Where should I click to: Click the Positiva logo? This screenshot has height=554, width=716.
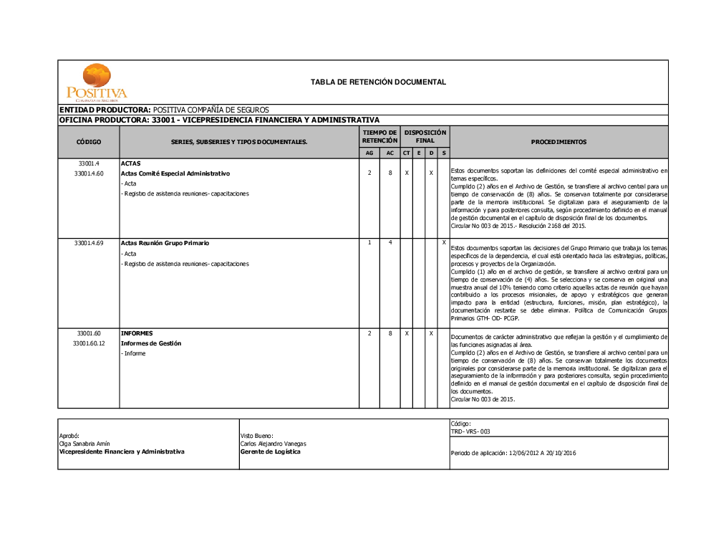click(x=97, y=83)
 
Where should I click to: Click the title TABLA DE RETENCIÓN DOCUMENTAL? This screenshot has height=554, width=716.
click(x=378, y=82)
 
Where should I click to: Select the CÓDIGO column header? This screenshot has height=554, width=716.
click(x=89, y=142)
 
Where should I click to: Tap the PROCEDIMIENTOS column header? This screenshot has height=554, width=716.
click(x=558, y=142)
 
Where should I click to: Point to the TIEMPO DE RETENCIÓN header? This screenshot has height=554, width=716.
click(x=379, y=137)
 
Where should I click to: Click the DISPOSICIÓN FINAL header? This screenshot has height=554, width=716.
click(x=425, y=137)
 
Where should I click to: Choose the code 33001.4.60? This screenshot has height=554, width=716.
click(x=89, y=173)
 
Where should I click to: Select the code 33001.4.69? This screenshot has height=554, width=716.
click(x=89, y=243)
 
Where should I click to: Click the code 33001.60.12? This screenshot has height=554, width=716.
click(x=89, y=343)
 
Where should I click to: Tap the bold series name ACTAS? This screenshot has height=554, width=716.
click(x=131, y=163)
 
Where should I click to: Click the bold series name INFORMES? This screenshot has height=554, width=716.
click(x=136, y=333)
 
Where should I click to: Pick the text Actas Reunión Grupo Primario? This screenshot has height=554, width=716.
click(x=165, y=243)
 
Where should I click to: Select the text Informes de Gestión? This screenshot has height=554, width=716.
click(x=151, y=343)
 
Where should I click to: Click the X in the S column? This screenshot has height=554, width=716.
click(x=444, y=242)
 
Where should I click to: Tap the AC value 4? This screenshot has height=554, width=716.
click(x=390, y=242)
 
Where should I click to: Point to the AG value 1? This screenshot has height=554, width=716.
click(x=369, y=242)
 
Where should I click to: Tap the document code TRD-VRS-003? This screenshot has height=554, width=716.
click(x=470, y=432)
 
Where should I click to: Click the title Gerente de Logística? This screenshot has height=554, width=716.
click(x=271, y=452)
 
